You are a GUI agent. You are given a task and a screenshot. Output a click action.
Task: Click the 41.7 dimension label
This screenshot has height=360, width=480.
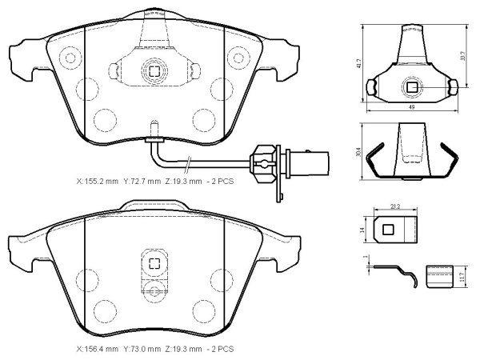pyautogui.click(x=359, y=63)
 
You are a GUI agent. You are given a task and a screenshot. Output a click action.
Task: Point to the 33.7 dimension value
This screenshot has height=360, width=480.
pyautogui.click(x=463, y=56)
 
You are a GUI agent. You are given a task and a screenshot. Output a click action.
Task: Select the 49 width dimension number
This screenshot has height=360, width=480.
pyautogui.click(x=412, y=107)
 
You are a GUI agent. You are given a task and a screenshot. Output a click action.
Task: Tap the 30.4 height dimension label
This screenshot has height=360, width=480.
pyautogui.click(x=359, y=152)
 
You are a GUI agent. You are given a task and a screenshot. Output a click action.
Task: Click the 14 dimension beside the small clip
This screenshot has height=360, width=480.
pyautogui.click(x=362, y=230)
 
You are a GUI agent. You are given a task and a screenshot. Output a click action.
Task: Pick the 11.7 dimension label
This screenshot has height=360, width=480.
pyautogui.click(x=462, y=278)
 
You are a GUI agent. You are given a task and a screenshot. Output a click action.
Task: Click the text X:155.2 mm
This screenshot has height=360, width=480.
pyautogui.click(x=97, y=182)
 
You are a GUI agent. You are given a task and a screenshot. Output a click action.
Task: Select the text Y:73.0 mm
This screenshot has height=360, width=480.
pyautogui.click(x=142, y=349)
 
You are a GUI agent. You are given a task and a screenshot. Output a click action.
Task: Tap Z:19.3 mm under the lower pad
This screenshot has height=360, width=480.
pyautogui.click(x=183, y=349)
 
